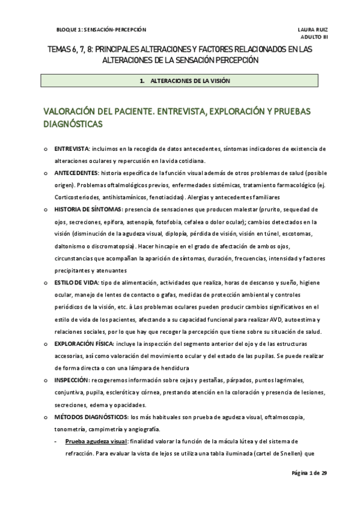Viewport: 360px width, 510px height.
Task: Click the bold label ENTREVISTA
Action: (x=72, y=149)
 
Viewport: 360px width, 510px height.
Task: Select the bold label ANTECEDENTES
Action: (x=77, y=173)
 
